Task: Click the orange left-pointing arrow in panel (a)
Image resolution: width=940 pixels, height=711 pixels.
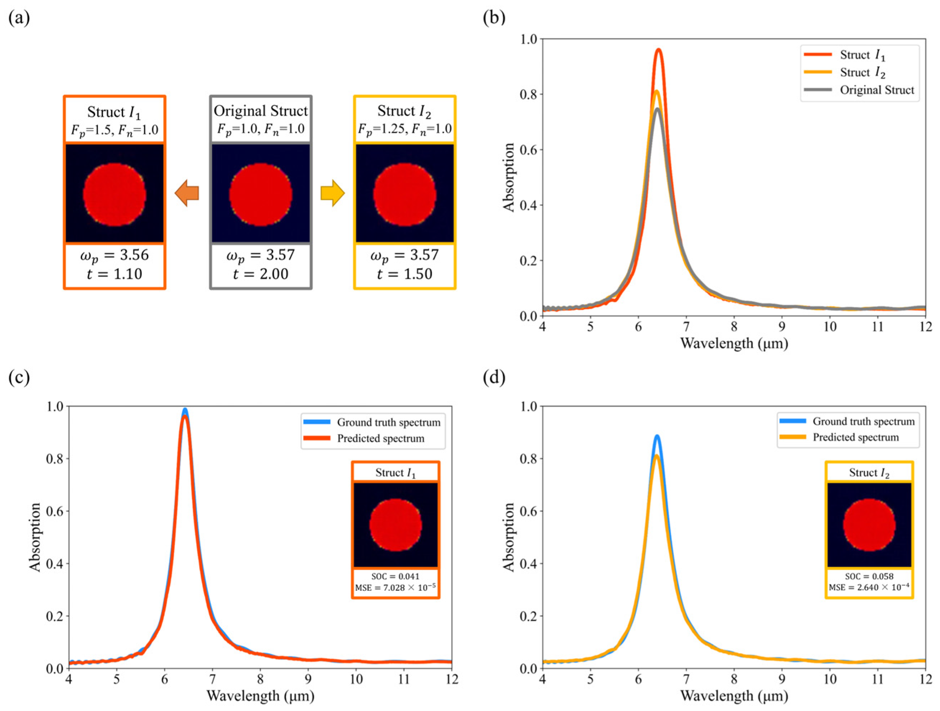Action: pyautogui.click(x=187, y=193)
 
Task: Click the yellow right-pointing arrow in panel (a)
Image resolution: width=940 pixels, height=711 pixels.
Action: pyautogui.click(x=332, y=193)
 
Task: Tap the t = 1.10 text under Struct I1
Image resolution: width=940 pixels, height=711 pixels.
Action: pyautogui.click(x=114, y=274)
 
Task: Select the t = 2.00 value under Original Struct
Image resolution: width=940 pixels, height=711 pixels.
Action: pyautogui.click(x=261, y=274)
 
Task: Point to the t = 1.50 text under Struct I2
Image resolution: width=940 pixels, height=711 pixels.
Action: pyautogui.click(x=404, y=274)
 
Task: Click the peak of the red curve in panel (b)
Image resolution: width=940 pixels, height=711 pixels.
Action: pyautogui.click(x=659, y=50)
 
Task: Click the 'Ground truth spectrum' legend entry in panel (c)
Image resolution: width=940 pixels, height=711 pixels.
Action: pyautogui.click(x=388, y=422)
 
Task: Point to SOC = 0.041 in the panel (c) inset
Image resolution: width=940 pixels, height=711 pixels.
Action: pyautogui.click(x=395, y=576)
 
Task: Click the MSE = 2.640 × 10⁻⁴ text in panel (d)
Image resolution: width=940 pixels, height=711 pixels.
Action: pyautogui.click(x=869, y=588)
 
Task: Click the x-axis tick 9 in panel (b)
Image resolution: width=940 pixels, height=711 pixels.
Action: pyautogui.click(x=782, y=327)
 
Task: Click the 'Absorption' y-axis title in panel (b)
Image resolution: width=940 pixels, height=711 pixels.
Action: pyautogui.click(x=509, y=177)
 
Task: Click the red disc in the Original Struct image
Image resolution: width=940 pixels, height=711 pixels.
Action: pyautogui.click(x=261, y=194)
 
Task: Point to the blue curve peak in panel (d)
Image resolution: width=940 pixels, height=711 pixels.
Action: pyautogui.click(x=657, y=436)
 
